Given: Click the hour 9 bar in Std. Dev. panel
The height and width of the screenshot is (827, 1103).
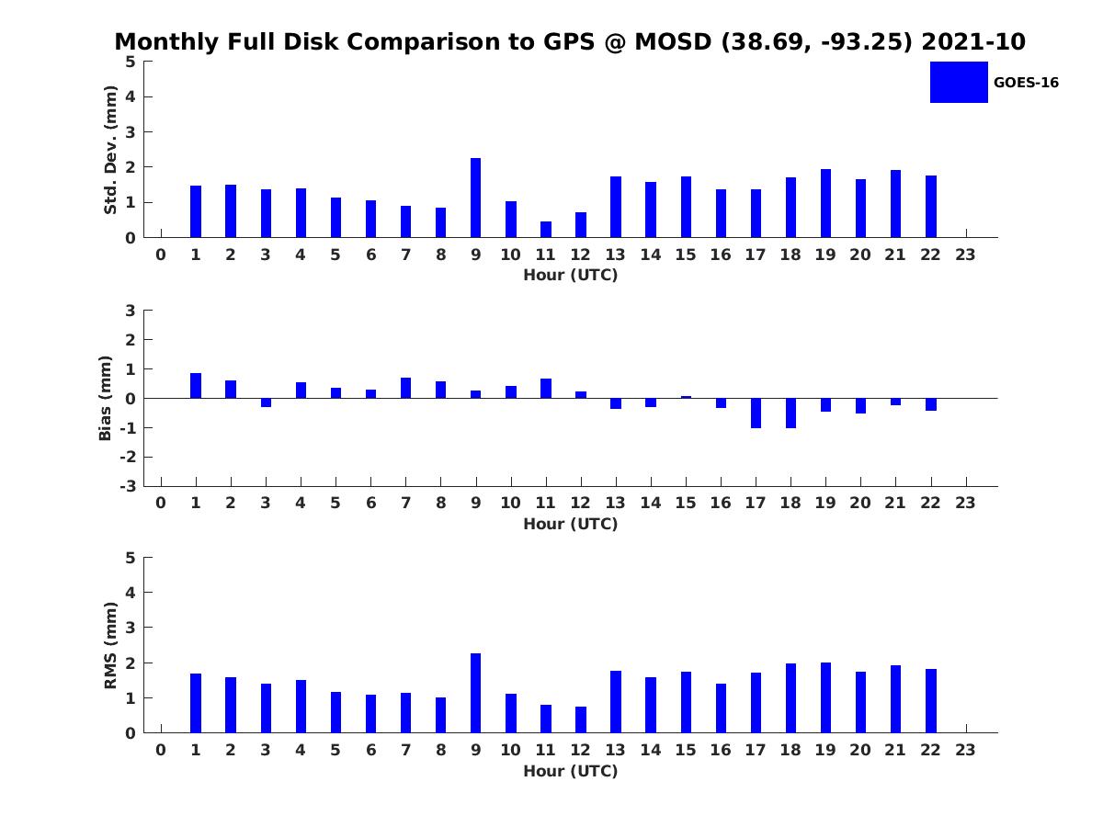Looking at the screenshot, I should pyautogui.click(x=475, y=198).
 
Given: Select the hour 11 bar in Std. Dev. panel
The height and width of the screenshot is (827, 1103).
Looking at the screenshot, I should pyautogui.click(x=546, y=229).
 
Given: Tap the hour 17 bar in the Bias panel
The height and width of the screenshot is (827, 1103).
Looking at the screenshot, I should pyautogui.click(x=756, y=413).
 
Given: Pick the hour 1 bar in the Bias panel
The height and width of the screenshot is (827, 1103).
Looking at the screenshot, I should pyautogui.click(x=196, y=386).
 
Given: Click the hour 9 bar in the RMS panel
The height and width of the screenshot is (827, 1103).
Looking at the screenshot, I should pyautogui.click(x=475, y=693).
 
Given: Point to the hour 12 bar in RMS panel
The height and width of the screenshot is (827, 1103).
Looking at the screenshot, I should pyautogui.click(x=581, y=719).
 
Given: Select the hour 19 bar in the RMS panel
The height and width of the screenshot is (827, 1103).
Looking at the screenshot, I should pyautogui.click(x=825, y=697).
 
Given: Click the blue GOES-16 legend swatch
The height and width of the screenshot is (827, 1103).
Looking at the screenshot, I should pyautogui.click(x=959, y=83).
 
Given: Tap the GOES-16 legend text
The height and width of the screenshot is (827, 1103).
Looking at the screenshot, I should pyautogui.click(x=1026, y=83).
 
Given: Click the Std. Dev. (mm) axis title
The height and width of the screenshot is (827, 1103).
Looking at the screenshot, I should pyautogui.click(x=110, y=150).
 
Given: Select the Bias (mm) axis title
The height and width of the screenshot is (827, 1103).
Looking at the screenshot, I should pyautogui.click(x=107, y=398).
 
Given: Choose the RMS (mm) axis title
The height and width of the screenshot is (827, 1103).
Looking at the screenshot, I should pyautogui.click(x=110, y=646).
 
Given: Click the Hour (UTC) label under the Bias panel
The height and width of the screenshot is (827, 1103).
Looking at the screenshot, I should pyautogui.click(x=570, y=524).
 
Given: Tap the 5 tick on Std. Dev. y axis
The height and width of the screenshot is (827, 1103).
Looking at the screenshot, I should pyautogui.click(x=131, y=62).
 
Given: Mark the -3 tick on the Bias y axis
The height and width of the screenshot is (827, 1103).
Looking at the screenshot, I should pyautogui.click(x=129, y=486).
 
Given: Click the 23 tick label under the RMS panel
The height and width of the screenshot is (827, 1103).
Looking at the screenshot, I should pyautogui.click(x=965, y=750).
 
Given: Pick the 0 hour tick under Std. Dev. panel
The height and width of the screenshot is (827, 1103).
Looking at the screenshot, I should pyautogui.click(x=161, y=255).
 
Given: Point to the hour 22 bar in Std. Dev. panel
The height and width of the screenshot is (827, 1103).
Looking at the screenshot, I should pyautogui.click(x=931, y=206).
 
